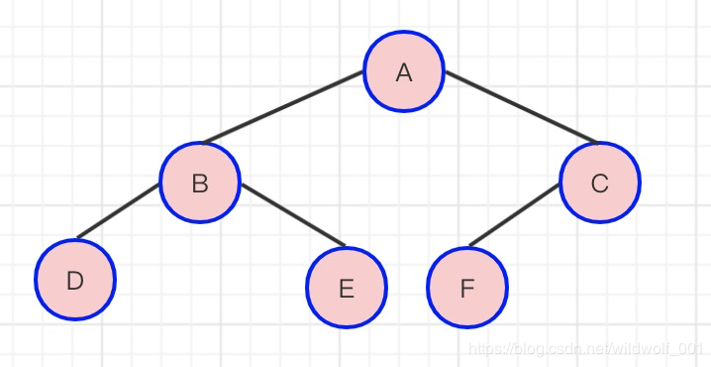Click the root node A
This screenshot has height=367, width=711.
point(404,71)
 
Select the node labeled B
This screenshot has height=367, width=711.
point(200,183)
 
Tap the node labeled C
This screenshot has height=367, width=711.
point(600,183)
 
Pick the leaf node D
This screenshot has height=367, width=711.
point(75,280)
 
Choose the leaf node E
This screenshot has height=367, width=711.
point(347,287)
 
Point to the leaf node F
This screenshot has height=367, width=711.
point(467,287)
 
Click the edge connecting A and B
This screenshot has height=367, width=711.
point(283,107)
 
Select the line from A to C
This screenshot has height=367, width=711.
point(522,107)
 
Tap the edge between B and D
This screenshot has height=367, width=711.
point(119,210)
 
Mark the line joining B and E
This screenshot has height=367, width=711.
point(293,214)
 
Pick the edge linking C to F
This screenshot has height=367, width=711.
point(514,215)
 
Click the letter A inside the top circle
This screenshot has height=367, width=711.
point(404,72)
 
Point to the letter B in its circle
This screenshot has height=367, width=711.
point(200,183)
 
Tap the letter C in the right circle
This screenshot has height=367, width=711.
point(600,183)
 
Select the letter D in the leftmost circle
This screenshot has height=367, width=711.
point(75,281)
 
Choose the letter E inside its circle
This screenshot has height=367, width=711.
point(347,290)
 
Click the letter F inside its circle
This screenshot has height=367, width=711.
point(467,289)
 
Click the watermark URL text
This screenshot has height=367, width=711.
point(586,349)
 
